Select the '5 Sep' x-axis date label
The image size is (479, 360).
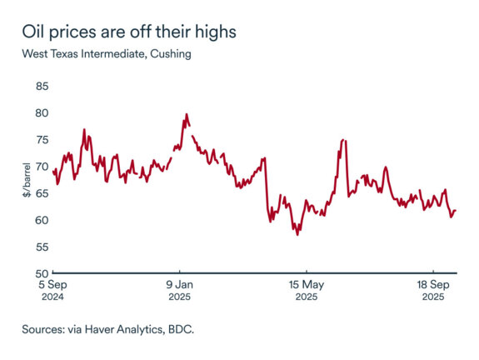54,284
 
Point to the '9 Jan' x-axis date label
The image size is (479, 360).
180,284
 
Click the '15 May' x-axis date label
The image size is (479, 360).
306,284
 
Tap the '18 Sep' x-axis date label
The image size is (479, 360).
432,284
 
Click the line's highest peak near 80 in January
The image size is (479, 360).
186,114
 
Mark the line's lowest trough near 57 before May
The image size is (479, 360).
297,234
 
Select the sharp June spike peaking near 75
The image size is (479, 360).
343,141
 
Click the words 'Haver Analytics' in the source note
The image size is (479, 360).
116,329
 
